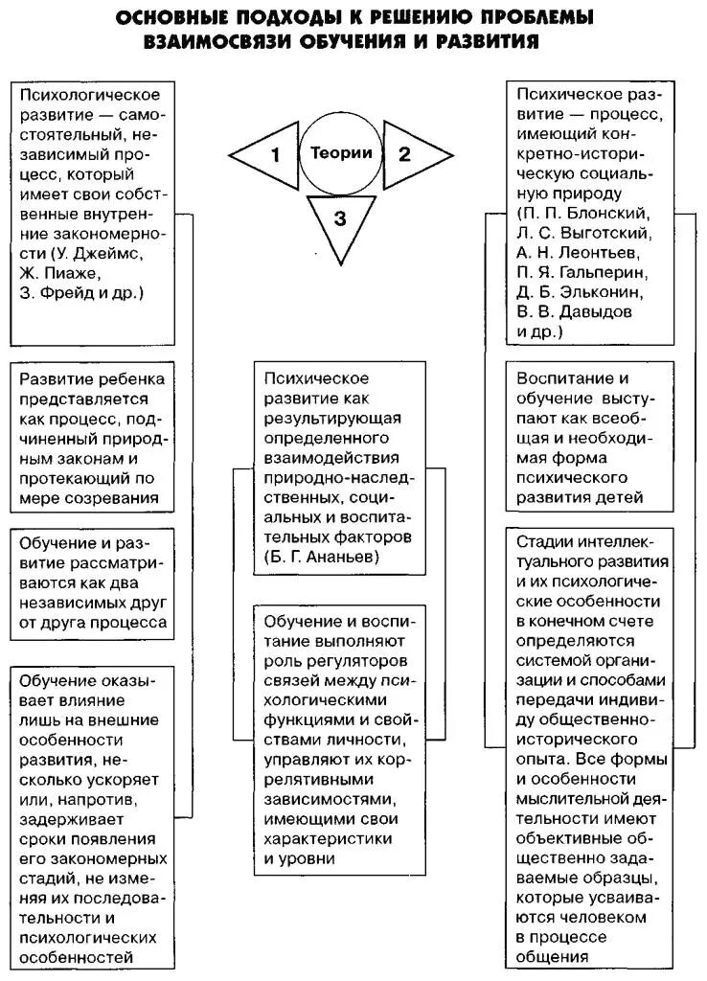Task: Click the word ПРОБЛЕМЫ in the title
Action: pyautogui.click(x=536, y=18)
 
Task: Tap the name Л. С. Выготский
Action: pyautogui.click(x=583, y=233)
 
